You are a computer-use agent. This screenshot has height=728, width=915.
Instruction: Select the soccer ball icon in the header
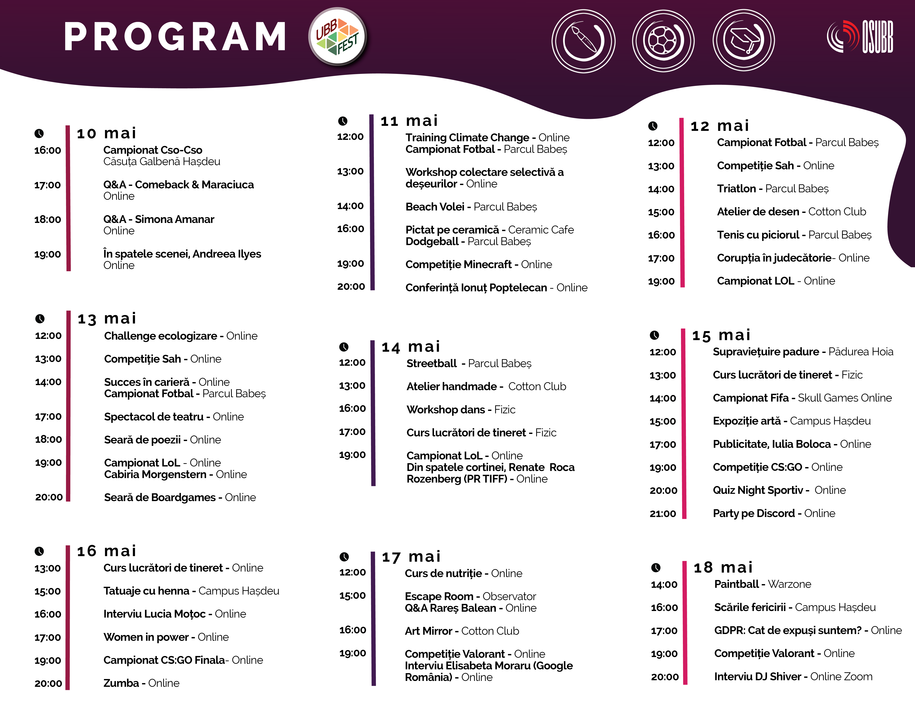coord(663,41)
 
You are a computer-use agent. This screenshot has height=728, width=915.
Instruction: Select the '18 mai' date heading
coord(723,567)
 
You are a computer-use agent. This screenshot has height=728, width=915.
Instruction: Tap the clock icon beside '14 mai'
coord(344,347)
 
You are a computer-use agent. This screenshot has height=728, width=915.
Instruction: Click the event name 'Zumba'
coord(121,683)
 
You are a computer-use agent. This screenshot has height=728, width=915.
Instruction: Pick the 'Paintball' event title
coord(736,584)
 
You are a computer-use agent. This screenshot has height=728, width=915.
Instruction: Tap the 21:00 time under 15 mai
coord(662,514)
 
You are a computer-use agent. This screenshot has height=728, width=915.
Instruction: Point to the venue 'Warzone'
coord(789,584)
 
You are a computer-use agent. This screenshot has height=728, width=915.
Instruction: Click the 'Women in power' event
coord(146,637)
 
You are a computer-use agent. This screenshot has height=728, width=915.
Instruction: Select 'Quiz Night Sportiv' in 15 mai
coord(758,490)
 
